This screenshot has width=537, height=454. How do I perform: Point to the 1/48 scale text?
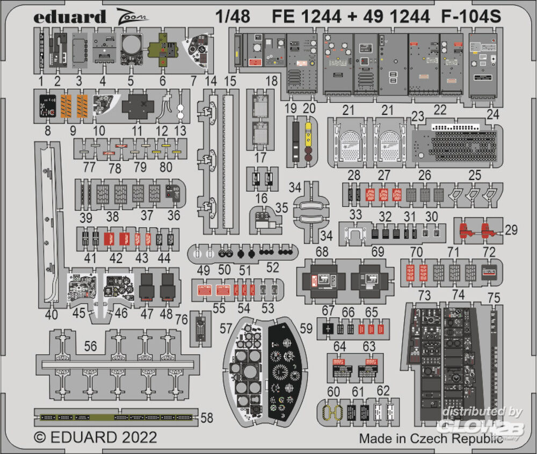234,17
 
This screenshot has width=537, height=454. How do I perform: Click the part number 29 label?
511,230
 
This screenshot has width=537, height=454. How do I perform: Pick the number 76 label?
182,320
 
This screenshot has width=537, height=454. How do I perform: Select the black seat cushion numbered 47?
148,286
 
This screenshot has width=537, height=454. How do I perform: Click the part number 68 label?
322,252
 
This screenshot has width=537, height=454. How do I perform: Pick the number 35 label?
281,208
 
